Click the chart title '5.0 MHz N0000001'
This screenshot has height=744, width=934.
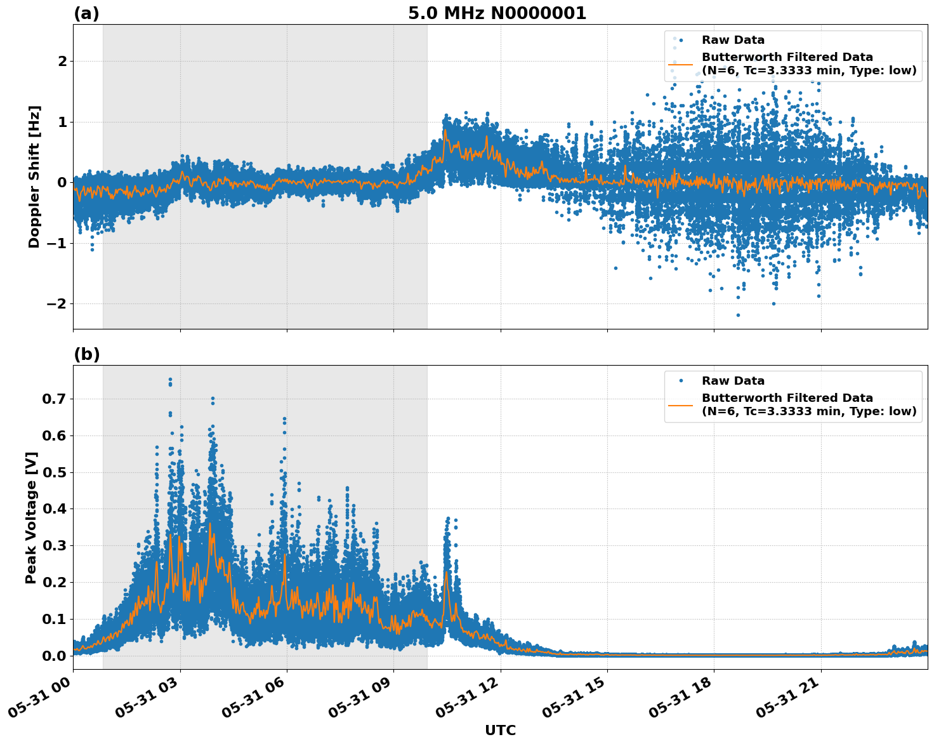tap(497, 13)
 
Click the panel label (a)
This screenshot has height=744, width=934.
tap(86, 13)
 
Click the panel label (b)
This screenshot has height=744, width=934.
tap(86, 354)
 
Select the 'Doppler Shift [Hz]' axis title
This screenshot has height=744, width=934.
tap(34, 176)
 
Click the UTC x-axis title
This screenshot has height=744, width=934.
tap(500, 730)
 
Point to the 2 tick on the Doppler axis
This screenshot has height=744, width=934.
tap(62, 62)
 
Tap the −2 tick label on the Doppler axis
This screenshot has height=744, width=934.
tap(56, 304)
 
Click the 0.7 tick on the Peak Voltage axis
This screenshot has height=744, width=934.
tap(56, 399)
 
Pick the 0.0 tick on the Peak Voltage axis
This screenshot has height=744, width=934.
tap(56, 656)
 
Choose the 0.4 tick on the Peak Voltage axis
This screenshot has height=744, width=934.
tap(56, 509)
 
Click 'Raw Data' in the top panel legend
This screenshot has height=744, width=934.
tap(733, 40)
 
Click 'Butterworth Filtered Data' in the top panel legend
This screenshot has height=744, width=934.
tap(787, 57)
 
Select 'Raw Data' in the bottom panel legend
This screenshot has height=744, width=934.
tap(733, 381)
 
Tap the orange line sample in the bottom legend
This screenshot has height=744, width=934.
tap(681, 404)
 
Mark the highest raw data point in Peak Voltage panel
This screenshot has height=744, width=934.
tap(170, 380)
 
